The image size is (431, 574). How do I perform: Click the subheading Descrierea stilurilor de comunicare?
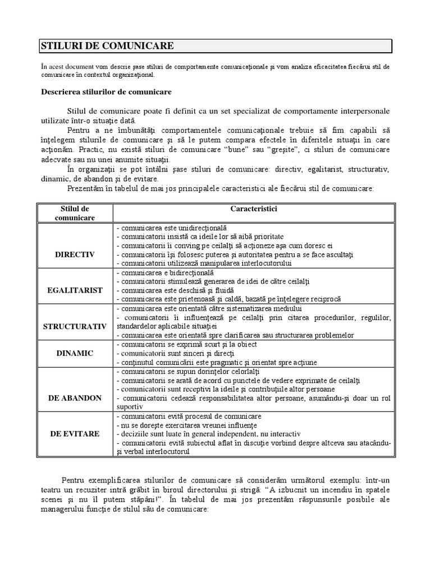(x=107, y=91)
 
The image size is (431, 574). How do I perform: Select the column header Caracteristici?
(x=254, y=209)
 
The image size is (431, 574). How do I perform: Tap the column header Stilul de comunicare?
(x=76, y=212)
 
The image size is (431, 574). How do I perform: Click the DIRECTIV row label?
(x=75, y=254)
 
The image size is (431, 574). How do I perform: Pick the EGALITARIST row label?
(x=75, y=290)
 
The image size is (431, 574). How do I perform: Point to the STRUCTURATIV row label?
(x=75, y=326)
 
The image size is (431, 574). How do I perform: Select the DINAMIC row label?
(x=75, y=353)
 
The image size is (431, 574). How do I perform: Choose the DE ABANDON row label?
(x=75, y=397)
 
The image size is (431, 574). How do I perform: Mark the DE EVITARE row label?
(x=75, y=433)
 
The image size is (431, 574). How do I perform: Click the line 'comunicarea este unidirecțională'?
(x=172, y=228)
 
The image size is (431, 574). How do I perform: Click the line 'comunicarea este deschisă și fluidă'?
(x=175, y=290)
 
